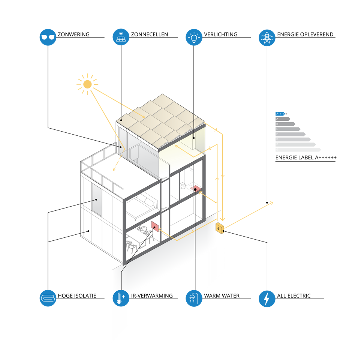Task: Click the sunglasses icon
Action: click(x=48, y=37)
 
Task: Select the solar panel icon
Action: click(x=121, y=37)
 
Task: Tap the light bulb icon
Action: click(x=194, y=37)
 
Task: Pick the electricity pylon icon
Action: click(x=267, y=37)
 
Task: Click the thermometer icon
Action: click(x=121, y=298)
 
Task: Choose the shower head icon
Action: click(x=194, y=298)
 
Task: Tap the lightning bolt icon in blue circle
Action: click(x=267, y=298)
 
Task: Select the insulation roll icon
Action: click(x=48, y=298)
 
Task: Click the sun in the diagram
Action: click(x=87, y=84)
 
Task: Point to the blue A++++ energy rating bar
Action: click(x=280, y=114)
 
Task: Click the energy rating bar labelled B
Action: click(x=285, y=124)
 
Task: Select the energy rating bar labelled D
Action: click(x=290, y=134)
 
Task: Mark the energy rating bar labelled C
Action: click(x=288, y=129)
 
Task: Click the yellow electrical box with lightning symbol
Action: click(x=220, y=228)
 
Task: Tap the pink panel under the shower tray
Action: click(x=195, y=189)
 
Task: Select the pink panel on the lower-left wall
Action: click(x=155, y=226)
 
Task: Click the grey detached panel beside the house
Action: click(x=97, y=199)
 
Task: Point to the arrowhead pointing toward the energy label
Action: click(x=271, y=203)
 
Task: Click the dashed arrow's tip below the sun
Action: click(x=114, y=170)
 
